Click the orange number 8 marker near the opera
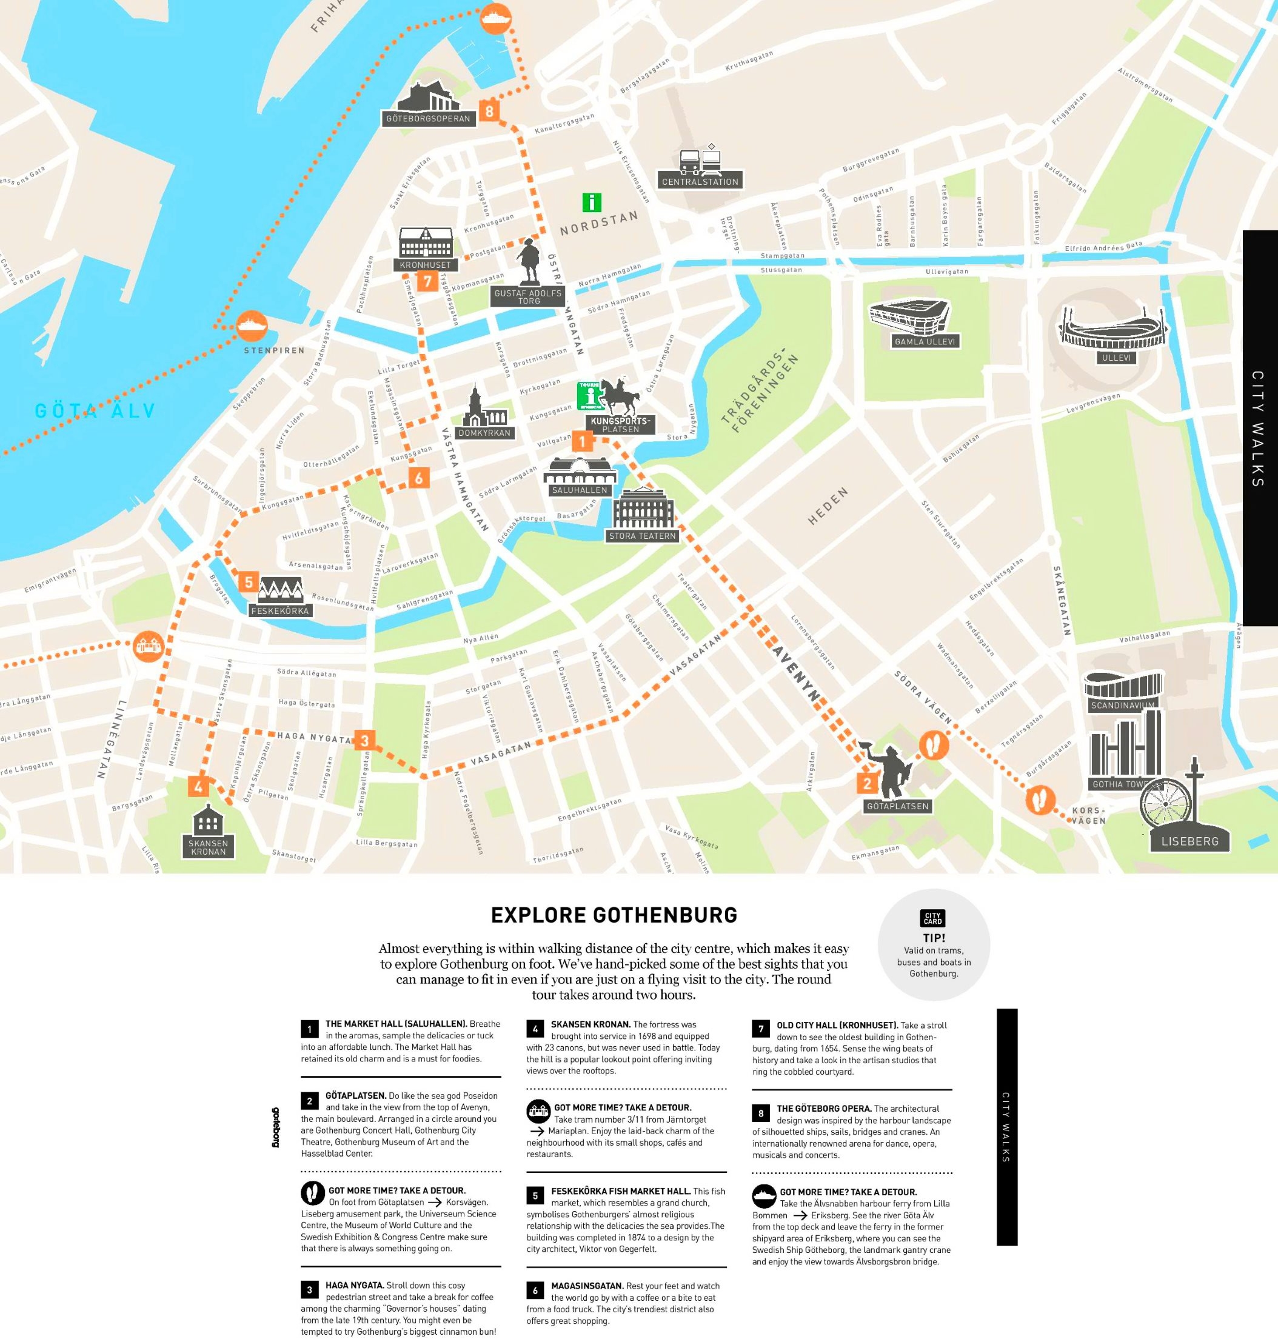pyautogui.click(x=489, y=110)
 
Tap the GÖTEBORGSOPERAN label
pyautogui.click(x=428, y=119)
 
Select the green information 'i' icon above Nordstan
pyautogui.click(x=591, y=202)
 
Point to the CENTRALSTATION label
pyautogui.click(x=700, y=182)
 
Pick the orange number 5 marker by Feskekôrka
pyautogui.click(x=249, y=583)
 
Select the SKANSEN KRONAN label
pyautogui.click(x=208, y=847)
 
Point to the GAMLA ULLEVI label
pyautogui.click(x=925, y=341)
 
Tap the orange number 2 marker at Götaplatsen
pyautogui.click(x=866, y=783)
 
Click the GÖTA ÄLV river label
pyautogui.click(x=95, y=411)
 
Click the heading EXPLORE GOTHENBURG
pyautogui.click(x=614, y=915)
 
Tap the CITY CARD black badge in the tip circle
pyautogui.click(x=932, y=918)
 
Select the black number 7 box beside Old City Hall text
pyautogui.click(x=761, y=1029)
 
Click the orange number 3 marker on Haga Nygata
pyautogui.click(x=364, y=741)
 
